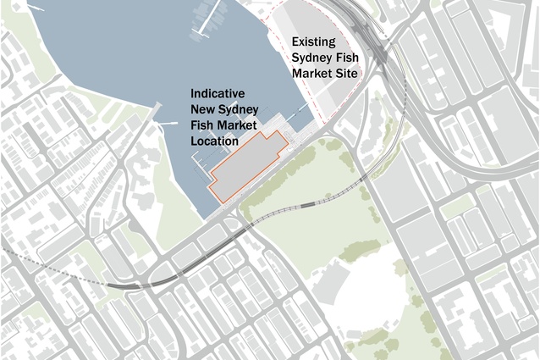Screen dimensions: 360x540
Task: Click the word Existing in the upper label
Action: [x=313, y=42]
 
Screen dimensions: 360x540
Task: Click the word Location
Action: [x=215, y=141]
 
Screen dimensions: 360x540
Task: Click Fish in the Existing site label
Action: [x=348, y=58]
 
